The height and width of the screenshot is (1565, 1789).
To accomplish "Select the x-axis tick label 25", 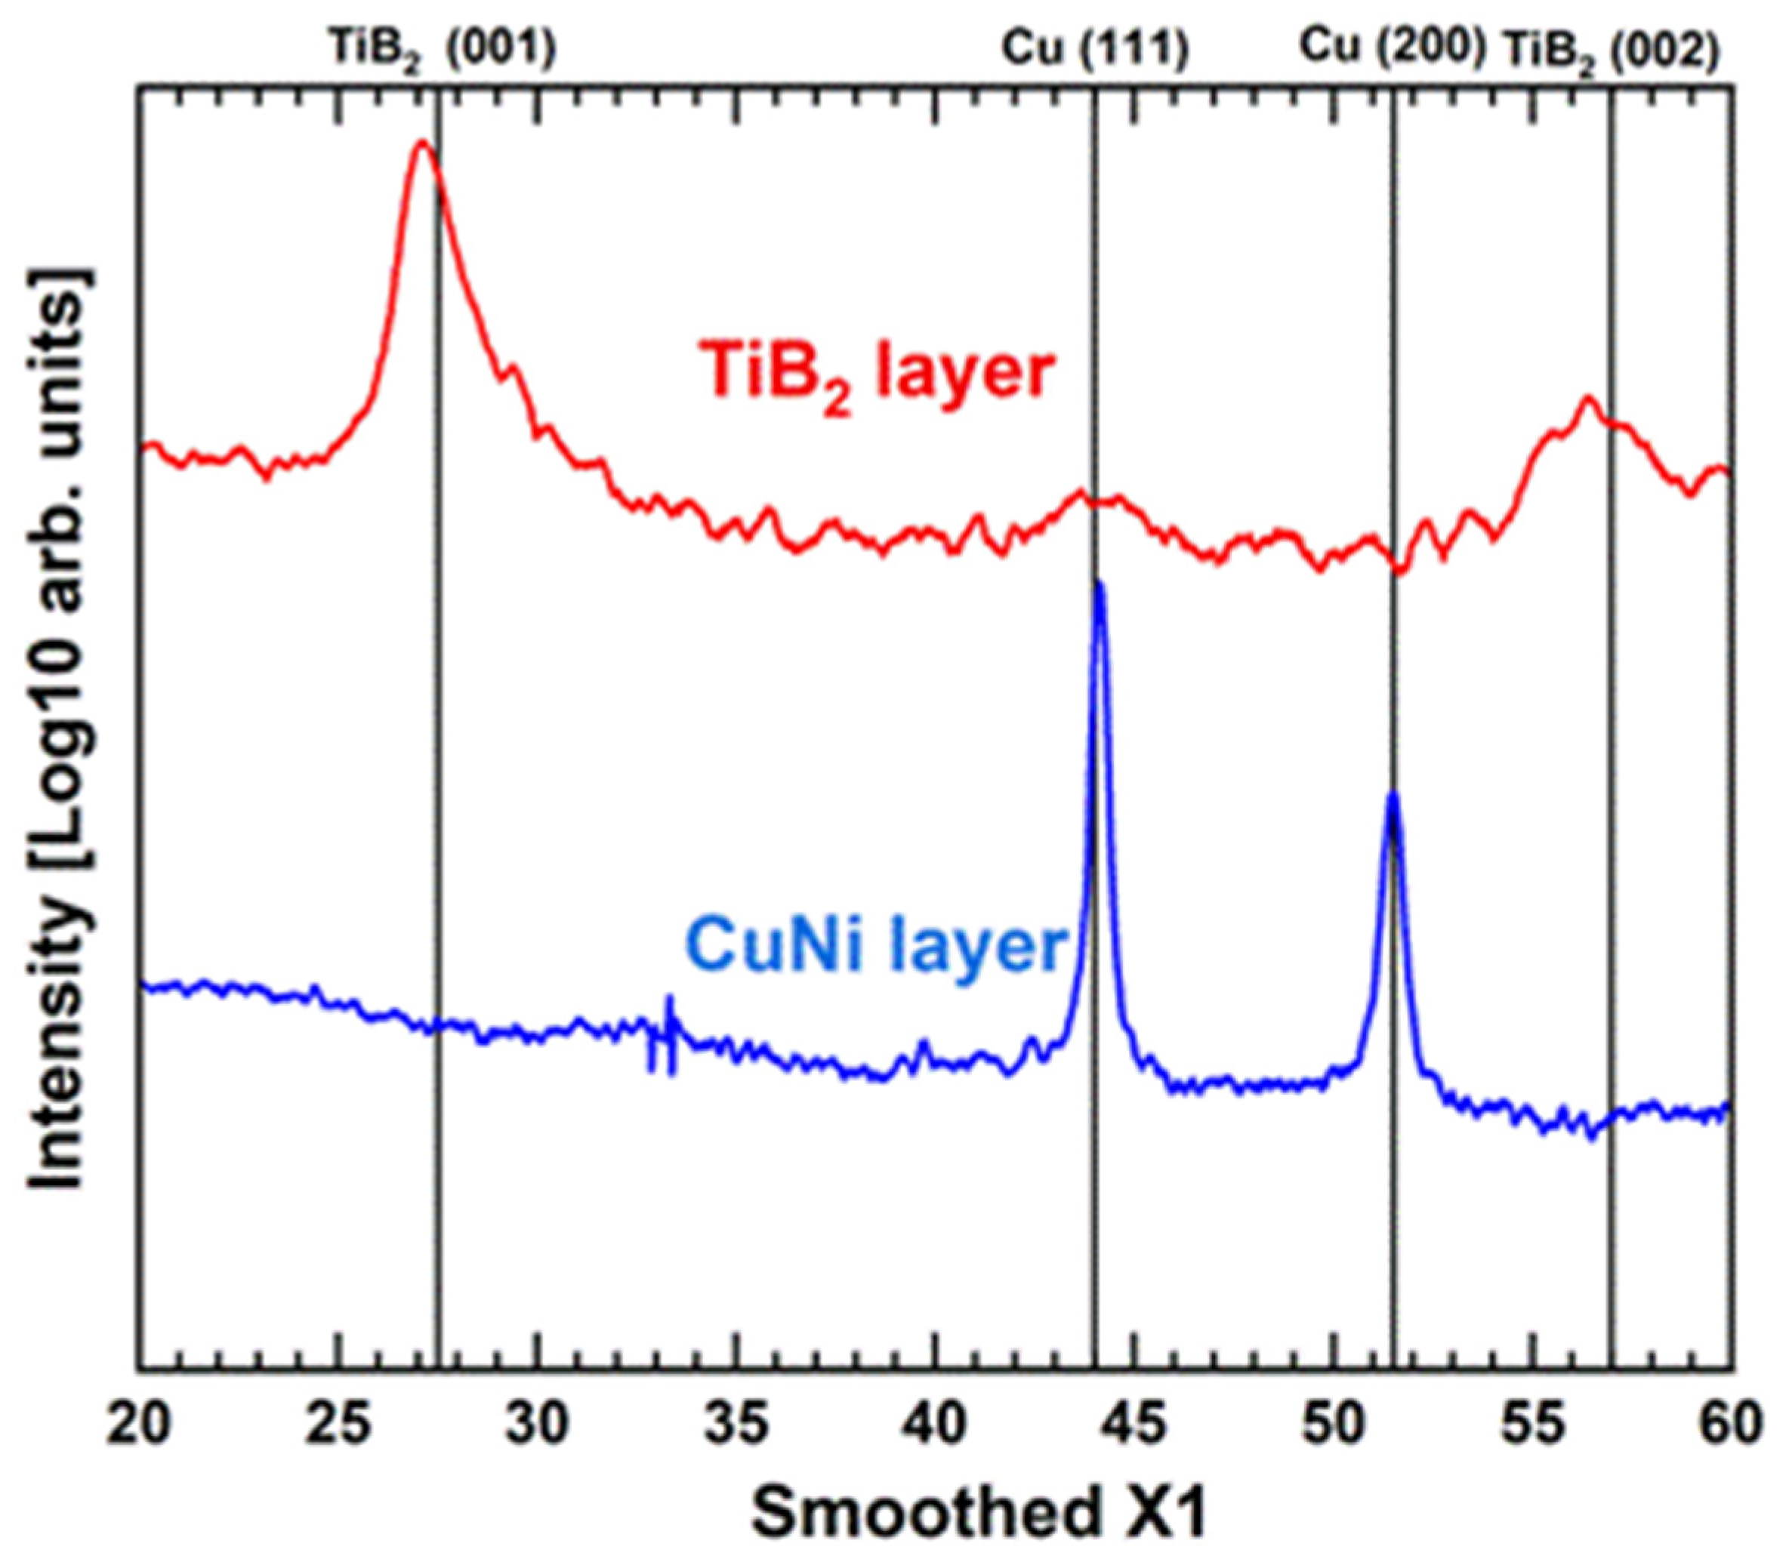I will click(338, 1425).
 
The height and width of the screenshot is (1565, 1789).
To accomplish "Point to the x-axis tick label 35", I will click(736, 1425).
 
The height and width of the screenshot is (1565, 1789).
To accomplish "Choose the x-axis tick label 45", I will click(1134, 1425).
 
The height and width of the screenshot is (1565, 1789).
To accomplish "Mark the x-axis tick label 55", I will click(1531, 1425).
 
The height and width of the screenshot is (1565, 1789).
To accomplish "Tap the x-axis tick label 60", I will click(1729, 1425).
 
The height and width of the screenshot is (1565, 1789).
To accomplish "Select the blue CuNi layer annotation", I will click(876, 947).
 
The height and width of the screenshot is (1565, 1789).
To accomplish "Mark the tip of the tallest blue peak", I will click(1098, 583).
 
